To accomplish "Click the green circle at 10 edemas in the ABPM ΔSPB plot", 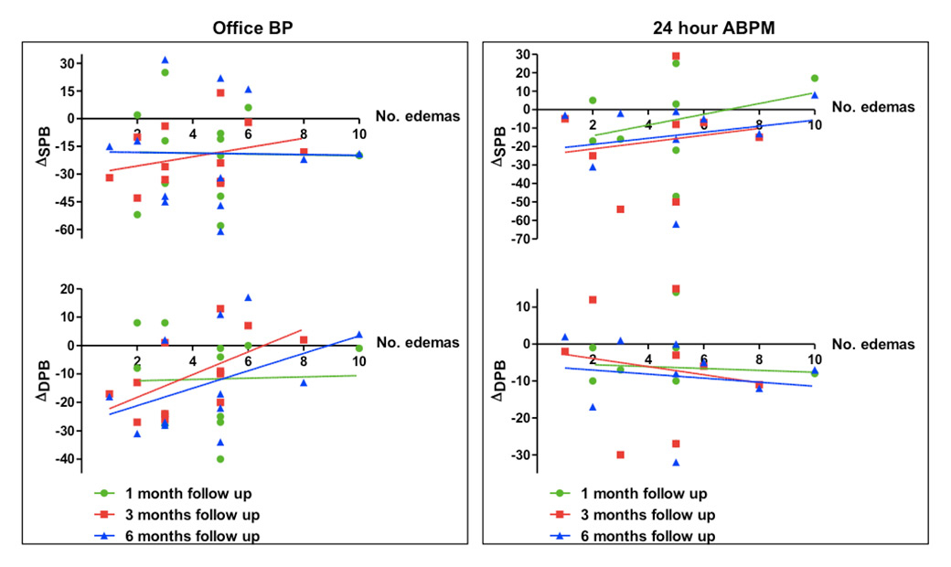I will point(814,78).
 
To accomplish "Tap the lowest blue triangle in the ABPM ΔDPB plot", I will point(676,463).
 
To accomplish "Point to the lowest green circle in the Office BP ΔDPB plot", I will point(220,459).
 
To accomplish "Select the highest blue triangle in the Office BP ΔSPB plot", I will point(165,60).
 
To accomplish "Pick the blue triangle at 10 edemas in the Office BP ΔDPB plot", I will point(359,335).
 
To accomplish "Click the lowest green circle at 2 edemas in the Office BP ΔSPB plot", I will point(137,214).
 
